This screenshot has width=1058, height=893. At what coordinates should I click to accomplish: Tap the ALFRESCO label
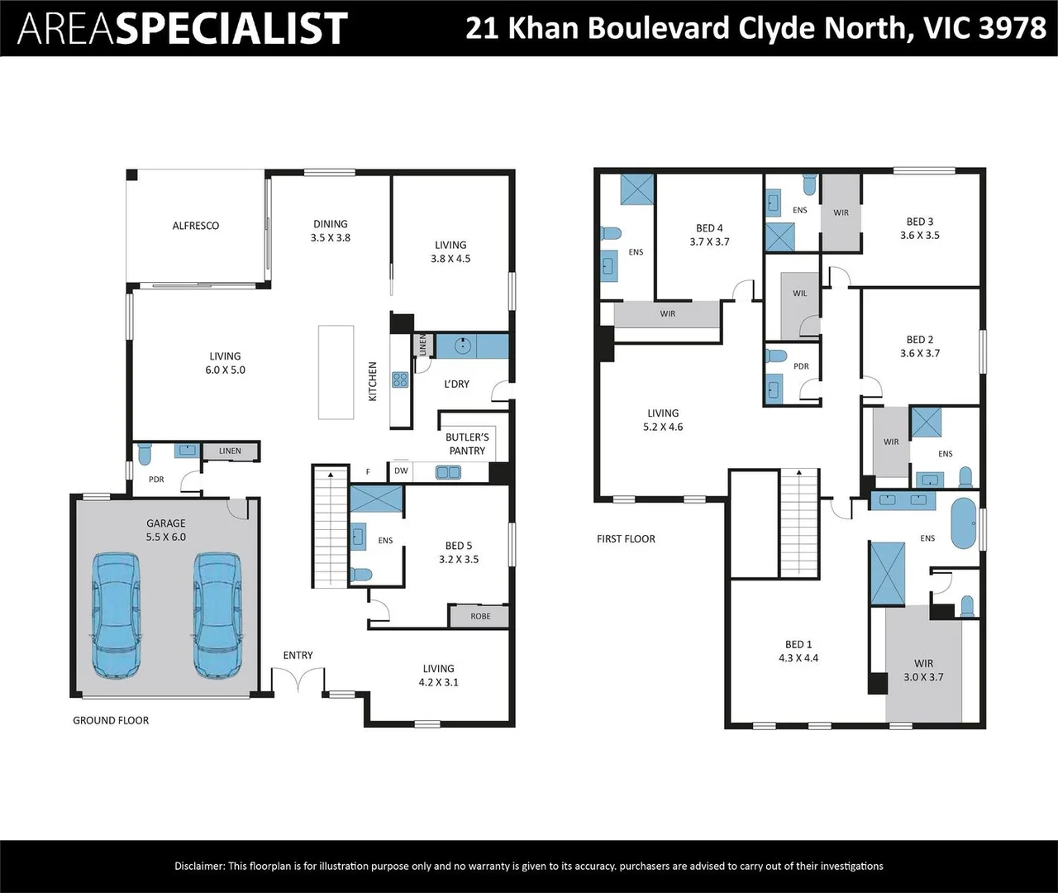(196, 226)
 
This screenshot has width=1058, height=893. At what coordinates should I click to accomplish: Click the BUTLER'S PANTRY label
(467, 444)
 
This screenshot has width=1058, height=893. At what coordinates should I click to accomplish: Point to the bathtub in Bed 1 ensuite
(964, 523)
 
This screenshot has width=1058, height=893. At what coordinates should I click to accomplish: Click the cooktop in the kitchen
(400, 380)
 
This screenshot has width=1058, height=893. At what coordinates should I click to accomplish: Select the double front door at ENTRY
(298, 682)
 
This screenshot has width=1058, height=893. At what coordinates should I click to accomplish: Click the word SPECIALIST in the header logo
(231, 29)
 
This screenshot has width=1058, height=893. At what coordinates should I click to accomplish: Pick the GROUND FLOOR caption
(111, 720)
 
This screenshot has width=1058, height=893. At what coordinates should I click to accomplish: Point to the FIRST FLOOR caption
(626, 539)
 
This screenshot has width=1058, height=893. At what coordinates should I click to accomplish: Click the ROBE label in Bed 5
(480, 616)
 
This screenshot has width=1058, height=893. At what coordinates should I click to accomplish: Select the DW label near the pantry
(401, 471)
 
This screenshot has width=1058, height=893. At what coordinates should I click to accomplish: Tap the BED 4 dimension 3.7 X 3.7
(709, 242)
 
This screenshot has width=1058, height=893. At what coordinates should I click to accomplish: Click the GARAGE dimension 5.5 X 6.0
(166, 537)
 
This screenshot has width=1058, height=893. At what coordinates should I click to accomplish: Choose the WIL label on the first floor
(799, 294)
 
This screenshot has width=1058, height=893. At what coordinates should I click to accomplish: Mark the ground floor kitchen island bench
(336, 372)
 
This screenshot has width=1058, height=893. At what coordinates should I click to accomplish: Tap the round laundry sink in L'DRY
(465, 346)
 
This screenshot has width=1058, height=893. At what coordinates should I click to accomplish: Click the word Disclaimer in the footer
(199, 867)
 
